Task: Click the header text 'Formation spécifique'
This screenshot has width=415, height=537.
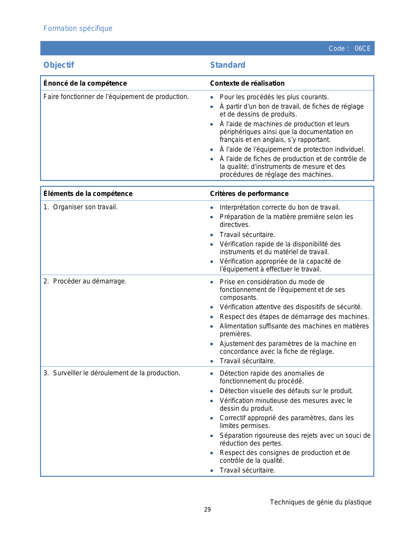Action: pyautogui.click(x=78, y=29)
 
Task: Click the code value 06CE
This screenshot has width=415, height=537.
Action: pyautogui.click(x=362, y=48)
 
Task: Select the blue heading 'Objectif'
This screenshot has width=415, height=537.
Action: pyautogui.click(x=59, y=65)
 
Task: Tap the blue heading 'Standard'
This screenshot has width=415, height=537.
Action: pyautogui.click(x=228, y=65)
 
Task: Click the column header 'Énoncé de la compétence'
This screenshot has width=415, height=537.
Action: pyautogui.click(x=85, y=83)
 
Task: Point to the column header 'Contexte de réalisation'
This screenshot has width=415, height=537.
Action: pyautogui.click(x=247, y=83)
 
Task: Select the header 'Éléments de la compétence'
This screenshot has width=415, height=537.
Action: pyautogui.click(x=88, y=194)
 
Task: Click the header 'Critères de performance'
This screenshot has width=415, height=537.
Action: pyautogui.click(x=249, y=194)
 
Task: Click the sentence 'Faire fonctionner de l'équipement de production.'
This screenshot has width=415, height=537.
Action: pyautogui.click(x=116, y=97)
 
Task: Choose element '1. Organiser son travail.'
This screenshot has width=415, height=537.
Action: pyautogui.click(x=80, y=207)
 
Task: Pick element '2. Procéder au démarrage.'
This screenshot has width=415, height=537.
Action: pyautogui.click(x=85, y=281)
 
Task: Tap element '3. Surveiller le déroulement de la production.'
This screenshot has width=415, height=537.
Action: pyautogui.click(x=112, y=373)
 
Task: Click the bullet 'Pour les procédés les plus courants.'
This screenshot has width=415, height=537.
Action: pyautogui.click(x=274, y=97)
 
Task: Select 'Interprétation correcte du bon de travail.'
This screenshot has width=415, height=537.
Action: pyautogui.click(x=280, y=207)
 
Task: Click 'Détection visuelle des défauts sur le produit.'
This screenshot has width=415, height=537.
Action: pyautogui.click(x=286, y=391)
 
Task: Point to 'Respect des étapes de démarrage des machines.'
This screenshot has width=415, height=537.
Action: pyautogui.click(x=294, y=317)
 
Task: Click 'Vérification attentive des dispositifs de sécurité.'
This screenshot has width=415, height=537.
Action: pyautogui.click(x=291, y=307)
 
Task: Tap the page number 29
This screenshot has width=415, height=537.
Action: pyautogui.click(x=207, y=510)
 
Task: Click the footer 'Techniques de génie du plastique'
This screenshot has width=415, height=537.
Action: pyautogui.click(x=320, y=502)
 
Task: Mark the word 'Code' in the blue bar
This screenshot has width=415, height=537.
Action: pyautogui.click(x=337, y=48)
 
